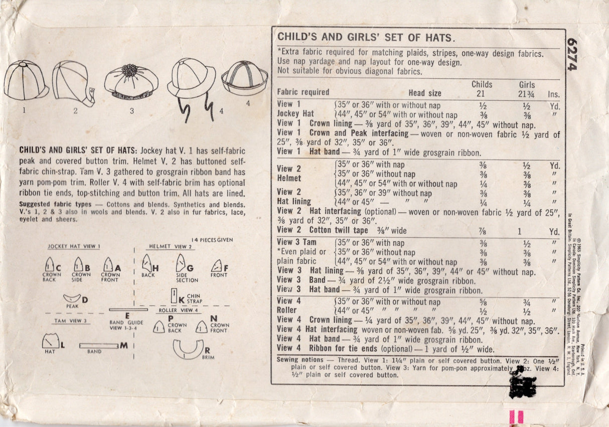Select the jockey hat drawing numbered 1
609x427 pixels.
pyautogui.click(x=25, y=80)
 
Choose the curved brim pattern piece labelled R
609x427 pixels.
pyautogui.click(x=188, y=349)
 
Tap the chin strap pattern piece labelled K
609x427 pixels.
pyautogui.click(x=174, y=297)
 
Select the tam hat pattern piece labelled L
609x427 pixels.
pyautogui.click(x=50, y=342)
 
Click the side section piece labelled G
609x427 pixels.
pyautogui.click(x=181, y=263)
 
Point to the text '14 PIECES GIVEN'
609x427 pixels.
pyautogui.click(x=212, y=240)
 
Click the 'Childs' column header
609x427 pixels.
pyautogui.click(x=482, y=84)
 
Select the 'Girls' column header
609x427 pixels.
pyautogui.click(x=527, y=85)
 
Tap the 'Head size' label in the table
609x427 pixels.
pyautogui.click(x=424, y=93)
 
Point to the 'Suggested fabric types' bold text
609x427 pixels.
pyautogui.click(x=55, y=204)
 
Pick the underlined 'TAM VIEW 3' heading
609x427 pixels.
pyautogui.click(x=71, y=321)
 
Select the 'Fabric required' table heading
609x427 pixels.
pyautogui.click(x=303, y=92)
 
